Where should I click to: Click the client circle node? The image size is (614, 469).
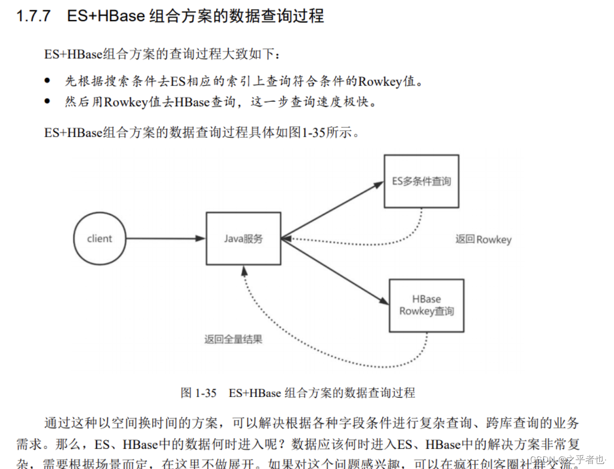[100, 239]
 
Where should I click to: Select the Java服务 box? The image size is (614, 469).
[243, 239]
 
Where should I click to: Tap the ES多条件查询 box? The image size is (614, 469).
[421, 181]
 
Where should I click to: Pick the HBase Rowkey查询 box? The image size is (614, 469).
[426, 305]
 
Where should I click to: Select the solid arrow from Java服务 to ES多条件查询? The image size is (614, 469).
[331, 211]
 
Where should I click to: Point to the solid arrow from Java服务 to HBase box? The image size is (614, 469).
[334, 270]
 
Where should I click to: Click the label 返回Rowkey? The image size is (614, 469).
[483, 240]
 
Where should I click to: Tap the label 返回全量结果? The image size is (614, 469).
[233, 339]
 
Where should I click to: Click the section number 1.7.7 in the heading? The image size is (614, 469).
[33, 16]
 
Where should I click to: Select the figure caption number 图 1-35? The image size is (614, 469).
[198, 393]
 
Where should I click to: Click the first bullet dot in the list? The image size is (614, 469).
[48, 81]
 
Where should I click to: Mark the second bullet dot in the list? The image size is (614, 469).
[48, 101]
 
